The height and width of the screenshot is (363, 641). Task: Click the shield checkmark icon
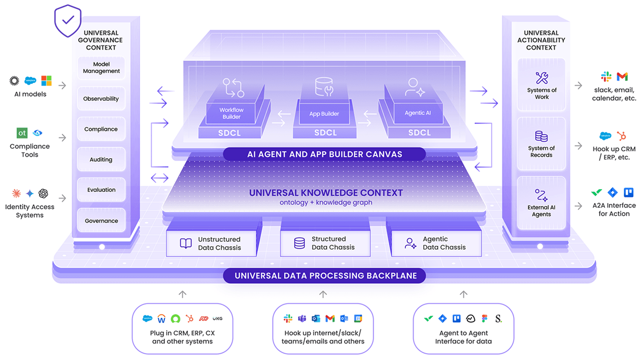[68, 20]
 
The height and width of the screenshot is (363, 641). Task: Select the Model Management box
[101, 68]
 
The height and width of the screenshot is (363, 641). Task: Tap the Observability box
[101, 99]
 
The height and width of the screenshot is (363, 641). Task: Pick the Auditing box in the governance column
[101, 160]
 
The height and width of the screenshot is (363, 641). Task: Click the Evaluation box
[101, 190]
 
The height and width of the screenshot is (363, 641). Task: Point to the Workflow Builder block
[231, 113]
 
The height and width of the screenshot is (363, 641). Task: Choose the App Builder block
[324, 114]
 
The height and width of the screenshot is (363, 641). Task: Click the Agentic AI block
[417, 113]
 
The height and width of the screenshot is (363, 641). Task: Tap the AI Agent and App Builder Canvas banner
[325, 154]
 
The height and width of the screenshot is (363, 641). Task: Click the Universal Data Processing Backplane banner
[325, 276]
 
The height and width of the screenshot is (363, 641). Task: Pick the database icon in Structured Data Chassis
[299, 243]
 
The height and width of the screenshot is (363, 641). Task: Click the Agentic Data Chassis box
[436, 243]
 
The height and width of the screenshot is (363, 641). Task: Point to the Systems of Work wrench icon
[541, 78]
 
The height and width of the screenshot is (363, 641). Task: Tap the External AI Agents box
[541, 203]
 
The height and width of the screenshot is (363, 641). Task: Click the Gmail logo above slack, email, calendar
[622, 77]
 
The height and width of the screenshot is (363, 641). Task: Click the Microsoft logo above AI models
[47, 81]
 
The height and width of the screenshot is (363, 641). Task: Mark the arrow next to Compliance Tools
[62, 138]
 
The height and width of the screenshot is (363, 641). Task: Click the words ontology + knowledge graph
[326, 202]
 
